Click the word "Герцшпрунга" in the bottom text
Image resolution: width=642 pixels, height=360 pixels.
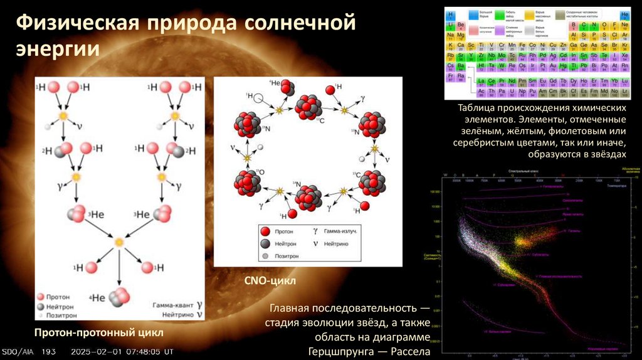tap(338, 351)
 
